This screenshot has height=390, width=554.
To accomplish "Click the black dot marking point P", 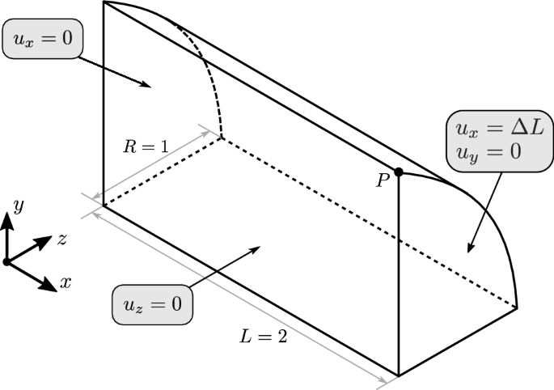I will tap(399, 172).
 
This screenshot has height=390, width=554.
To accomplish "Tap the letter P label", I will tap(383, 181).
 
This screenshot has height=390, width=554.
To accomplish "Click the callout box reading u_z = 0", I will tap(152, 304).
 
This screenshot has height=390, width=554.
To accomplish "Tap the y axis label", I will tap(17, 207).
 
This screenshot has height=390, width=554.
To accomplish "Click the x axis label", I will tap(66, 283).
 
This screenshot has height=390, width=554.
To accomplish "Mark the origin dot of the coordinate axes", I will tap(6, 261).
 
